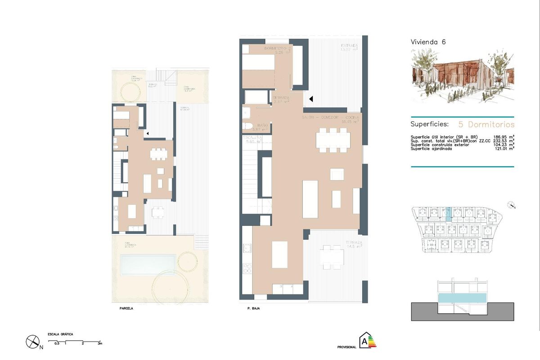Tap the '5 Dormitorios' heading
[x=486, y=124]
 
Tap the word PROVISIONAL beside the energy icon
[x=346, y=347]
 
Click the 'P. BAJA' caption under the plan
[x=254, y=309]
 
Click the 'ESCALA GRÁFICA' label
[x=60, y=334]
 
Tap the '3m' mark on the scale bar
[x=100, y=343]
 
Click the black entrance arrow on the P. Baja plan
[x=310, y=99]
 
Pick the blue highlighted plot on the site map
[x=447, y=213]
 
